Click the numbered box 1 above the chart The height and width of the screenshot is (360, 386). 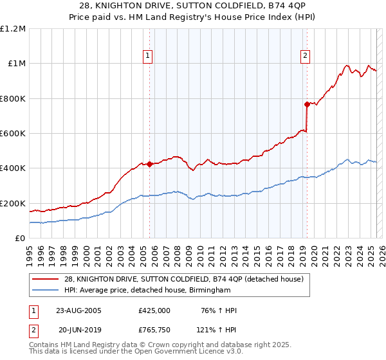click(148, 56)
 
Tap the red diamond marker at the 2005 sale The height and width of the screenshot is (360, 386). click(150, 164)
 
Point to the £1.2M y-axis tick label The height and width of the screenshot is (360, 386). click(13, 29)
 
